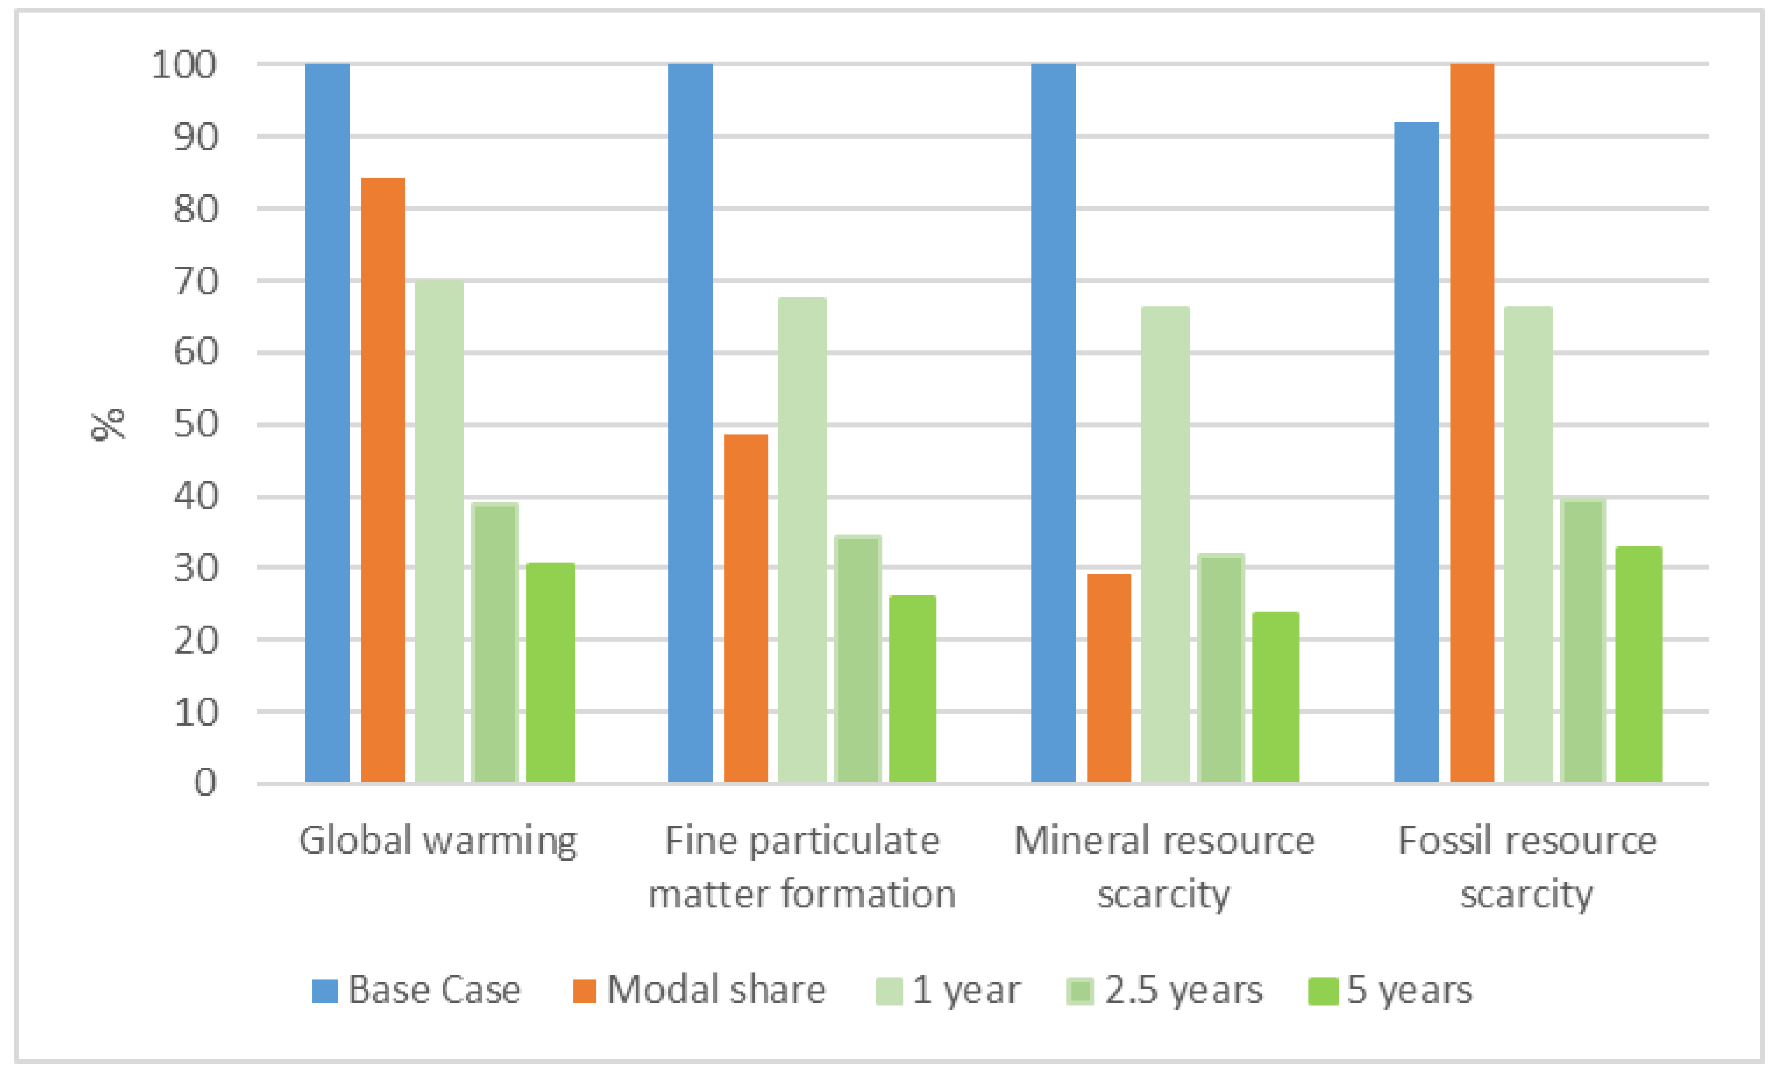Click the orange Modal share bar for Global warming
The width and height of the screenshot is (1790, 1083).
pos(383,480)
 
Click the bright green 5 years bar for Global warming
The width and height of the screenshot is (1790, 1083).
pos(551,672)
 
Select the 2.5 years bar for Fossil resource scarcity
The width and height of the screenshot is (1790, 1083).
pos(1582,640)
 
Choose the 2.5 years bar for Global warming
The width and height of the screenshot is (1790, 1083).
pos(494,642)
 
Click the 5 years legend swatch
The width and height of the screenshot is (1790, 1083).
pos(1322,992)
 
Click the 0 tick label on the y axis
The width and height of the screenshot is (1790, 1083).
pos(205,783)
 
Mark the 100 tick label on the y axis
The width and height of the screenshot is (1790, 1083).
pos(184,65)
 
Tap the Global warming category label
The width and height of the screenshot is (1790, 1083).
pos(438,841)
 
